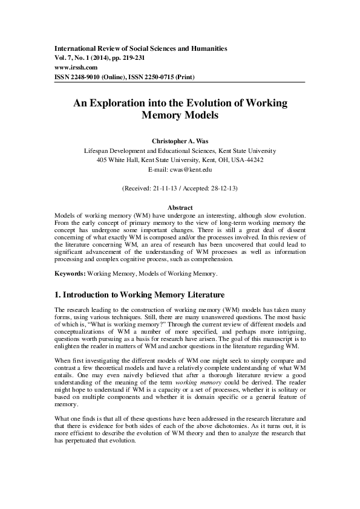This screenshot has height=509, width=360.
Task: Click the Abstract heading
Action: coord(180,207)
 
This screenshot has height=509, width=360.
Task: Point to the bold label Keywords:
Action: coord(70,274)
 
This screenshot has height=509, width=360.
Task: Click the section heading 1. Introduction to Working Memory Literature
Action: coord(144,296)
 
